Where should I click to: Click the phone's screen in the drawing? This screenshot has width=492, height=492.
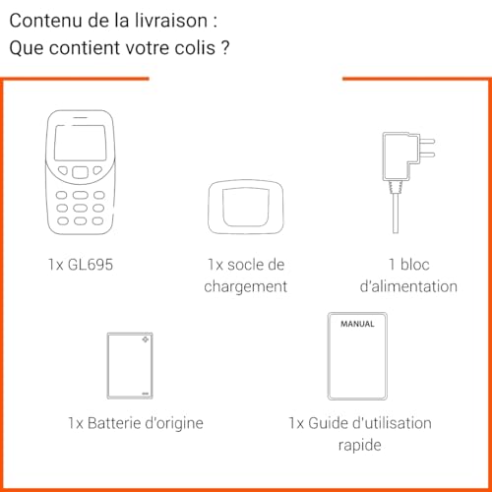click(79, 146)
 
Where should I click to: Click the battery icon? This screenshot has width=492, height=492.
click(129, 365)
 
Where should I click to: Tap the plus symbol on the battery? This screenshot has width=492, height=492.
click(146, 340)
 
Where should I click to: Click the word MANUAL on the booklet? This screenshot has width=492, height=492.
click(356, 323)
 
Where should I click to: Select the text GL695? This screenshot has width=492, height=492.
click(91, 265)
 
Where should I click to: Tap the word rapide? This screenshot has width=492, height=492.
click(358, 444)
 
